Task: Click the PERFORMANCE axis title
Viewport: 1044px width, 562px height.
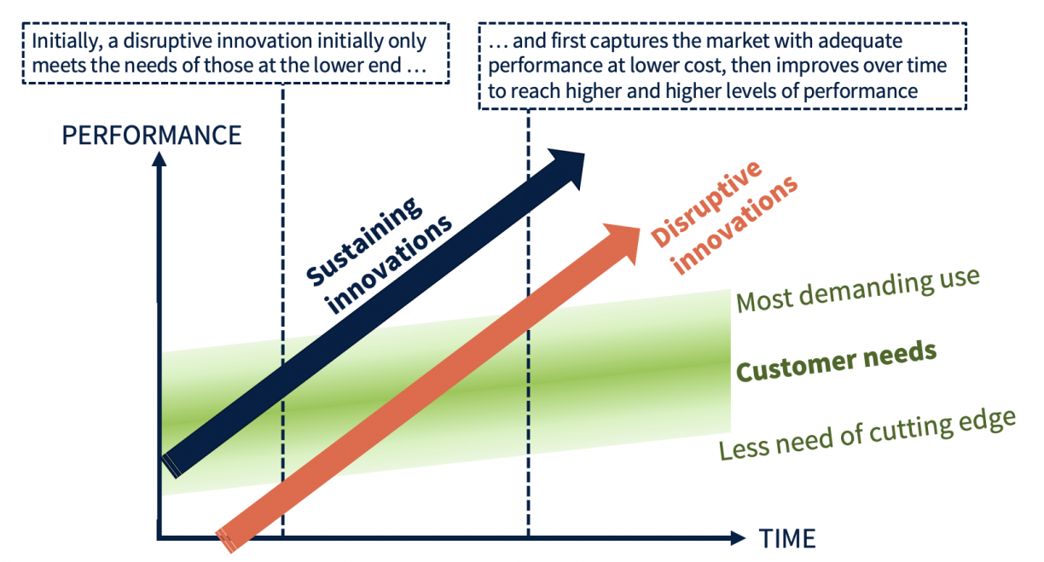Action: pos(152,135)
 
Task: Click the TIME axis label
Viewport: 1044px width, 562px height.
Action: pos(786,538)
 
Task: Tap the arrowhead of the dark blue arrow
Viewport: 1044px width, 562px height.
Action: pos(568,164)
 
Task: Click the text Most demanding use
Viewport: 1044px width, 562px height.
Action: pos(856,289)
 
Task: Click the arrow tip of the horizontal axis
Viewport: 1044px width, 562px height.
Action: pos(739,538)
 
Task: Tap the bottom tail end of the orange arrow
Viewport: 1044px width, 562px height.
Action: pos(228,540)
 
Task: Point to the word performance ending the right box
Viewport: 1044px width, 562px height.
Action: pos(861,90)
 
